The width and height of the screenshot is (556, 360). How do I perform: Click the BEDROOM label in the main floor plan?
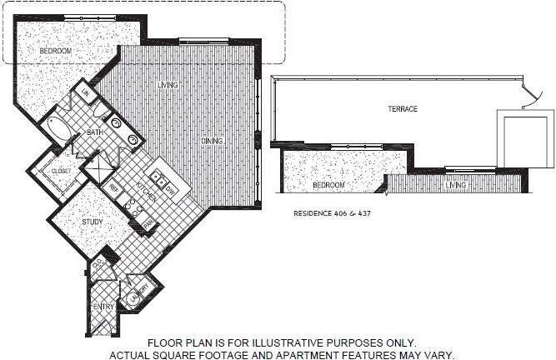(56, 52)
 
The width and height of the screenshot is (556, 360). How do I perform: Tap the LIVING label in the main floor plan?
(170, 85)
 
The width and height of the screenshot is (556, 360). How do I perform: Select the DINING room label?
(211, 142)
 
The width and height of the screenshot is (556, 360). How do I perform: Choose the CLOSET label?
(62, 171)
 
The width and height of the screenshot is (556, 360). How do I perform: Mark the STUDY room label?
(92, 222)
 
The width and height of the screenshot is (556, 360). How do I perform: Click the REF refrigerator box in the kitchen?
(115, 188)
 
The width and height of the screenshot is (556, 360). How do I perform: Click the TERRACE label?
(401, 109)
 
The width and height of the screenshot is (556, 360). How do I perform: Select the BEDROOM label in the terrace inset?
(328, 185)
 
